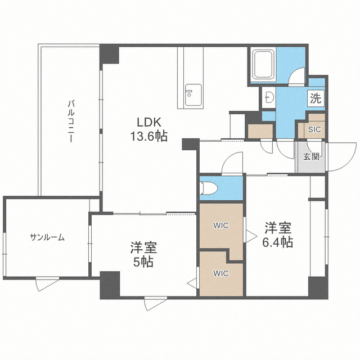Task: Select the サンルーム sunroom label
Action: (47, 237)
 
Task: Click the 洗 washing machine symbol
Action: (316, 98)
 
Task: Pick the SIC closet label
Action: (315, 128)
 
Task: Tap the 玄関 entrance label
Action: (311, 156)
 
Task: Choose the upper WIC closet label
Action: (220, 226)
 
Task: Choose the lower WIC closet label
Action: (220, 274)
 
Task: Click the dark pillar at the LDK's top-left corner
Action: (110, 54)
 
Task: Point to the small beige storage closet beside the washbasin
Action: (260, 129)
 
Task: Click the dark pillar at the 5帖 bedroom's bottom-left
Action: (110, 285)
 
